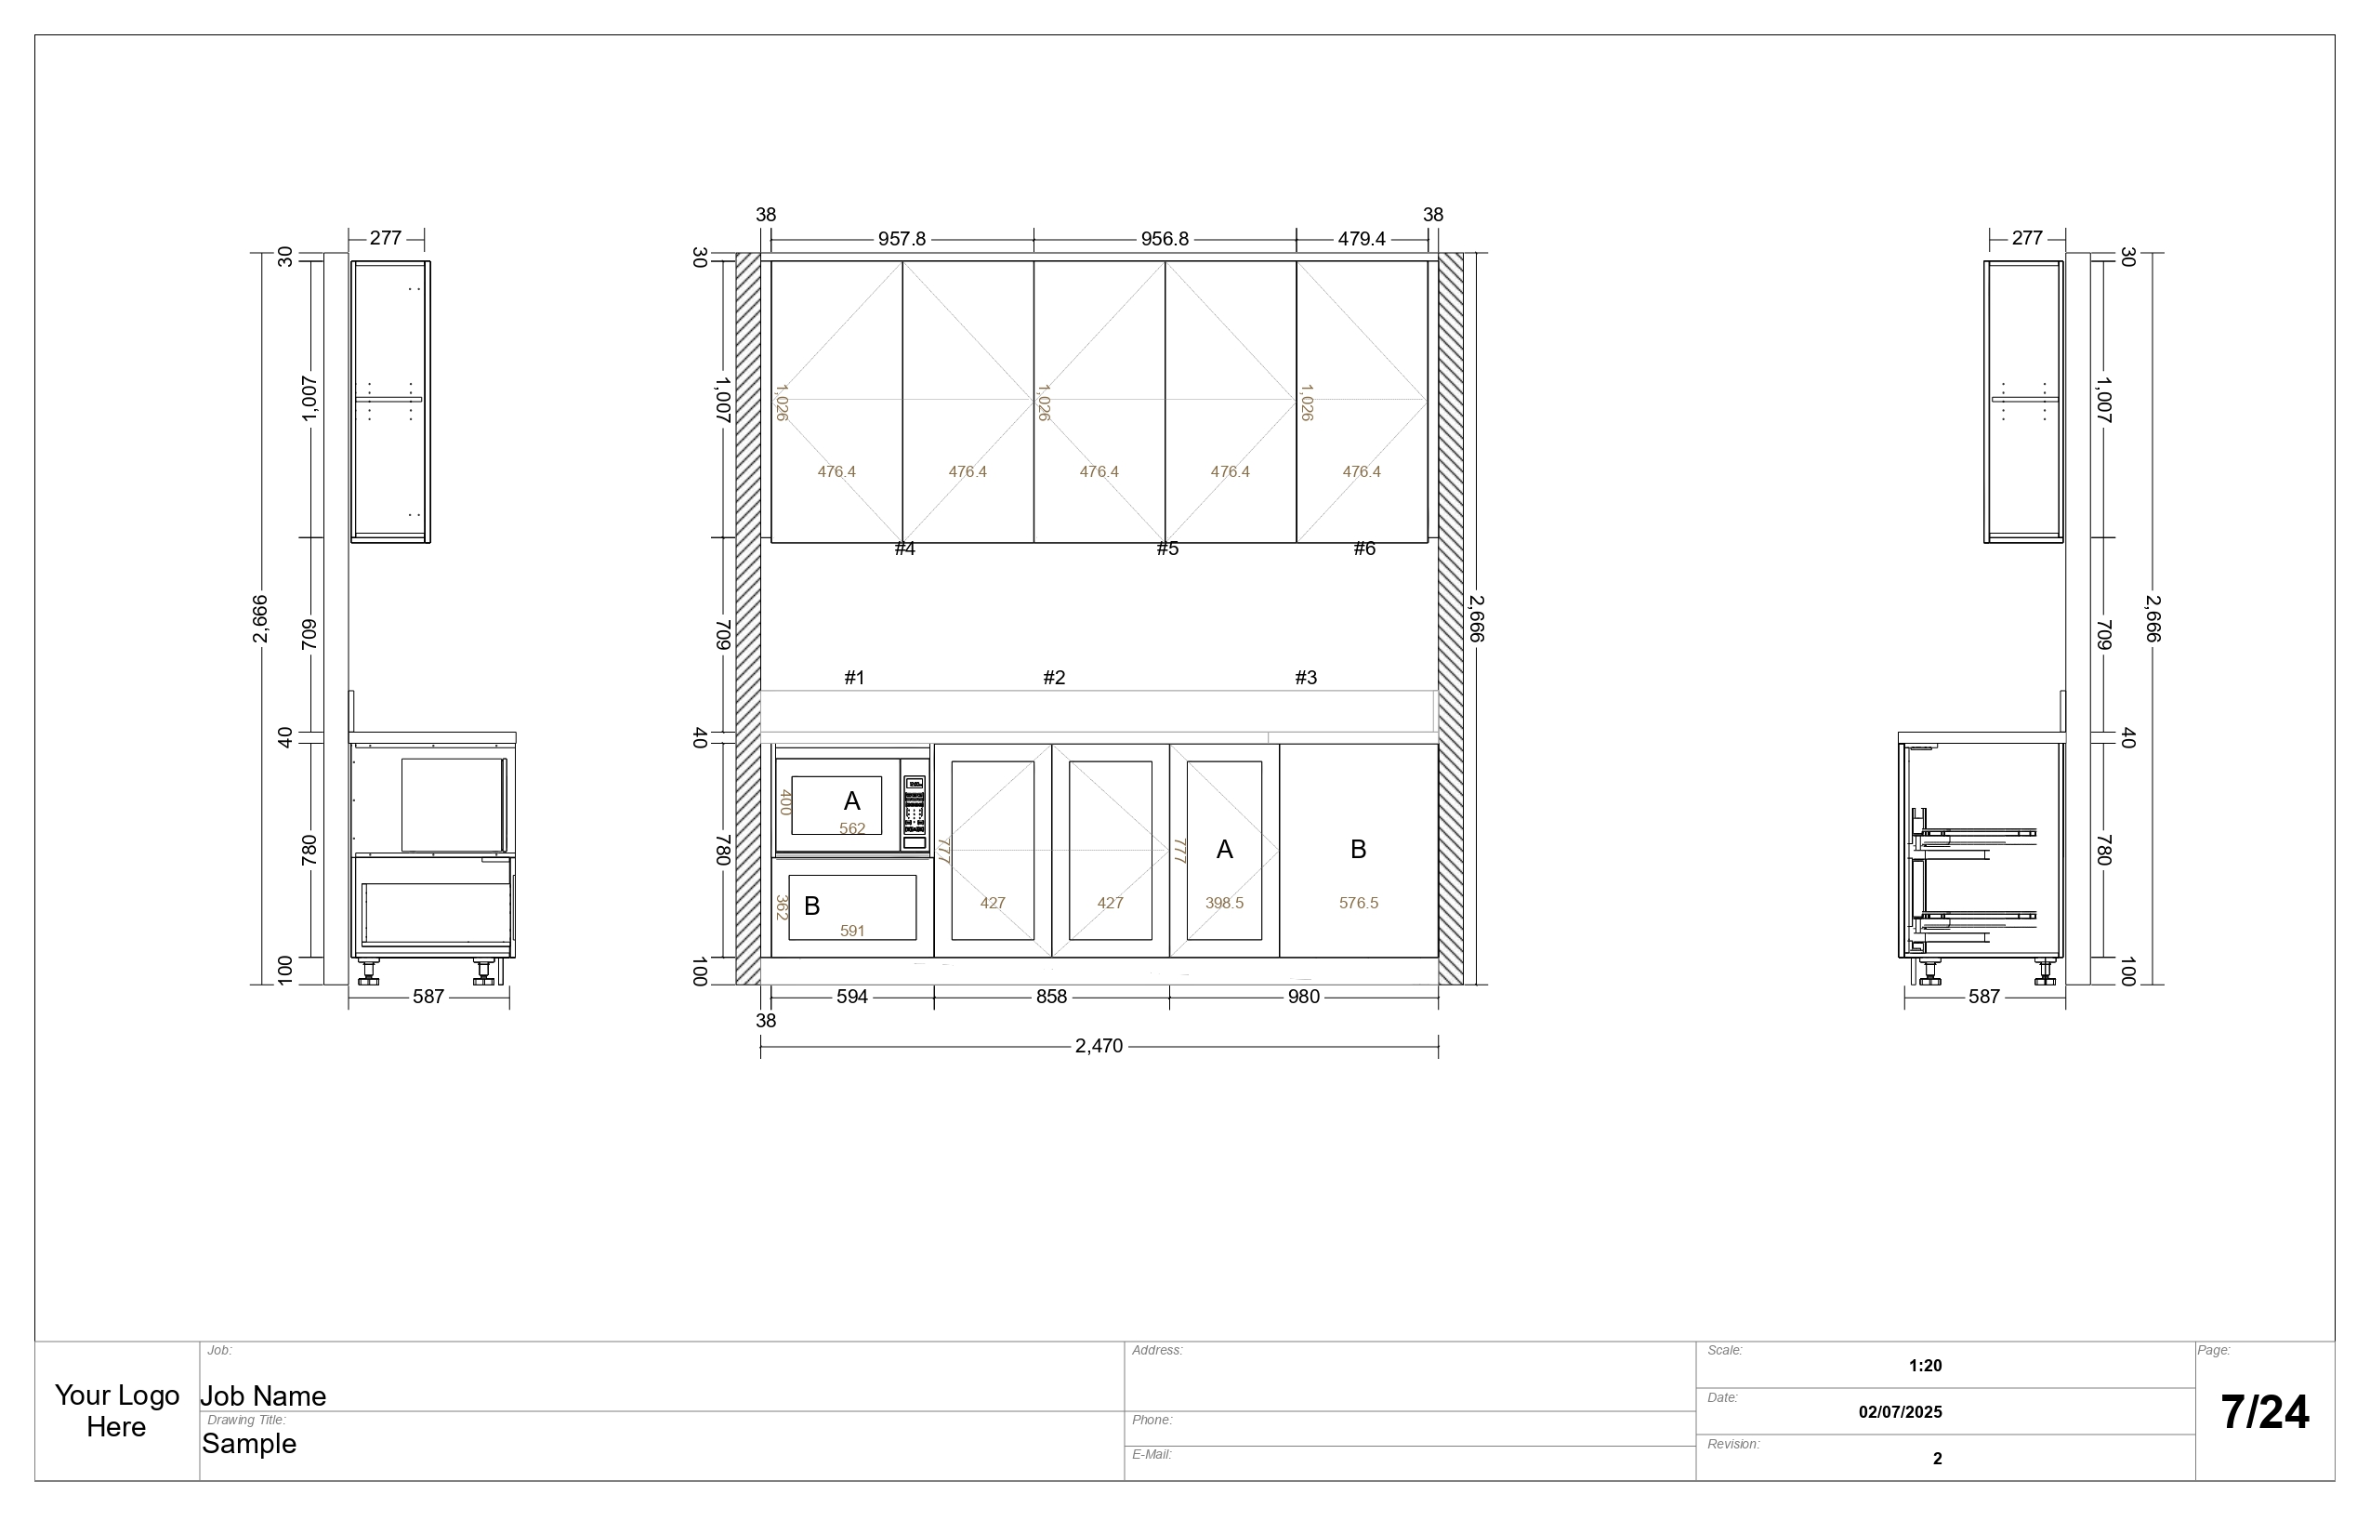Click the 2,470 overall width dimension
[x=1099, y=1046]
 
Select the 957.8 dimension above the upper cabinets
[x=902, y=239]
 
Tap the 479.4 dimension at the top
[x=1362, y=239]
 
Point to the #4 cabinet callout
[x=904, y=549]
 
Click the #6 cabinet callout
[x=1364, y=549]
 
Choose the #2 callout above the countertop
[x=1054, y=679]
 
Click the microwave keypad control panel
[x=915, y=813]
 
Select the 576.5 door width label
[x=1358, y=904]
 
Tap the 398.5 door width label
[x=1224, y=904]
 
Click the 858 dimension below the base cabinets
[x=1051, y=997]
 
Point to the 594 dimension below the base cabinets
[x=851, y=997]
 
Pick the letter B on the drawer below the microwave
[x=811, y=906]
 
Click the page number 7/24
[x=2264, y=1412]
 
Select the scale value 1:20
[x=1925, y=1366]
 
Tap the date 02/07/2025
[x=1900, y=1412]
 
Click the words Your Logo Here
[x=116, y=1411]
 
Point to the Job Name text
[x=263, y=1396]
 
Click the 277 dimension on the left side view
[x=386, y=238]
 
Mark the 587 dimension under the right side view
[x=1983, y=997]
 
